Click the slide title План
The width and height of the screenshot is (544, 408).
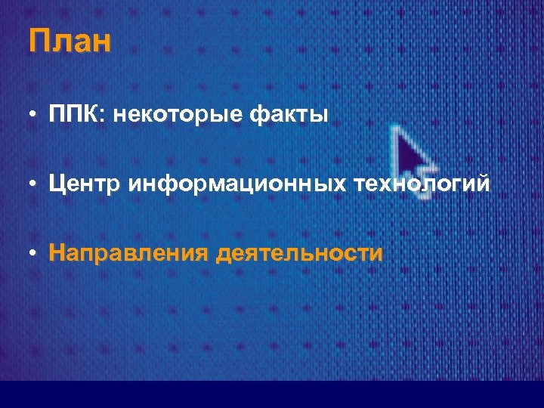pyautogui.click(x=70, y=42)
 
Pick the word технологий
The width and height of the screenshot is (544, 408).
pyautogui.click(x=419, y=184)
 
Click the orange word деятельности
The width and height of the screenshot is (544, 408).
pyautogui.click(x=299, y=252)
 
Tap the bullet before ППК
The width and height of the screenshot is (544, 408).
pyautogui.click(x=35, y=116)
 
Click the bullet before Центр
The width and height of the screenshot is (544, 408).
pyautogui.click(x=35, y=184)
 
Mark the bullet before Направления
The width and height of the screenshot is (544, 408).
pyautogui.click(x=35, y=253)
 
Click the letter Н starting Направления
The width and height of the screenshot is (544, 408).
pyautogui.click(x=57, y=252)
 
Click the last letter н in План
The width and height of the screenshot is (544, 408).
pyautogui.click(x=102, y=43)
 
